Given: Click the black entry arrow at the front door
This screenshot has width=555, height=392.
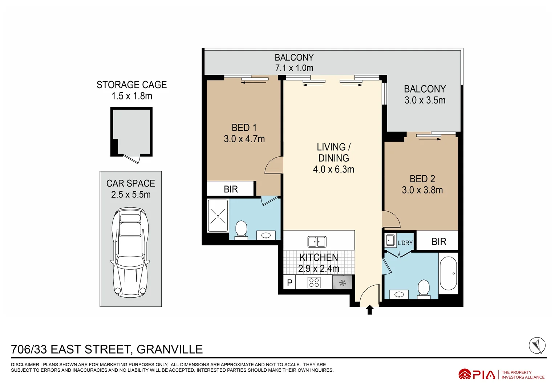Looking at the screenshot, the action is (x=369, y=310).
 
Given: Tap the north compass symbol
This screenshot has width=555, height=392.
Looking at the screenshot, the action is (x=537, y=346).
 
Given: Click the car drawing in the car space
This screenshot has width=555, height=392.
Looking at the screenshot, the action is (x=130, y=252).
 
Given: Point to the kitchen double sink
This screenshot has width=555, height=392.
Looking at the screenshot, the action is (x=317, y=242).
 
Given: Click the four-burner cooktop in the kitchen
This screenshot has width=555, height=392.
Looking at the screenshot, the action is (x=314, y=282).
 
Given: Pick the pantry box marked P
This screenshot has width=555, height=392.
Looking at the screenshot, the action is (x=289, y=282).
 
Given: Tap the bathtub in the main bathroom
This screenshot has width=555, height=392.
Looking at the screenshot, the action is (x=449, y=273).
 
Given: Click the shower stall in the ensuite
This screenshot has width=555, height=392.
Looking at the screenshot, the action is (x=218, y=216).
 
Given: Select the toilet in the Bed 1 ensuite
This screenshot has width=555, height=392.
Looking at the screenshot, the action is (x=241, y=230).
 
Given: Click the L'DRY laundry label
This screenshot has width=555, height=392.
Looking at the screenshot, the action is (x=405, y=243).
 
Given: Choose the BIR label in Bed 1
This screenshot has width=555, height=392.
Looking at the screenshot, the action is (x=231, y=189).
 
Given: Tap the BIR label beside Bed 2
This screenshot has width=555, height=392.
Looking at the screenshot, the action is (x=439, y=242).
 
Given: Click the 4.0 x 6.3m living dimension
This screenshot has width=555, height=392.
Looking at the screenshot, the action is (x=333, y=170).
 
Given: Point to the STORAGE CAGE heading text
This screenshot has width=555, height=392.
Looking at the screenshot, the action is (x=131, y=85).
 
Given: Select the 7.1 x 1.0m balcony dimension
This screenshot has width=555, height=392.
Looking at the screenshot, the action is (x=294, y=68).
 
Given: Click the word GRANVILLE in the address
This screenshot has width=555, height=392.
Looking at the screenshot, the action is (x=170, y=349).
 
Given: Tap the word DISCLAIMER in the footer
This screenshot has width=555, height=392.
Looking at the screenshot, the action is (x=25, y=364).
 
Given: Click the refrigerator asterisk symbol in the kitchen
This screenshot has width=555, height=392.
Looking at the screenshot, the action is (x=342, y=283).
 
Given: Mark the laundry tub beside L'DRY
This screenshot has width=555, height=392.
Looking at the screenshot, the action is (x=390, y=240).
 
